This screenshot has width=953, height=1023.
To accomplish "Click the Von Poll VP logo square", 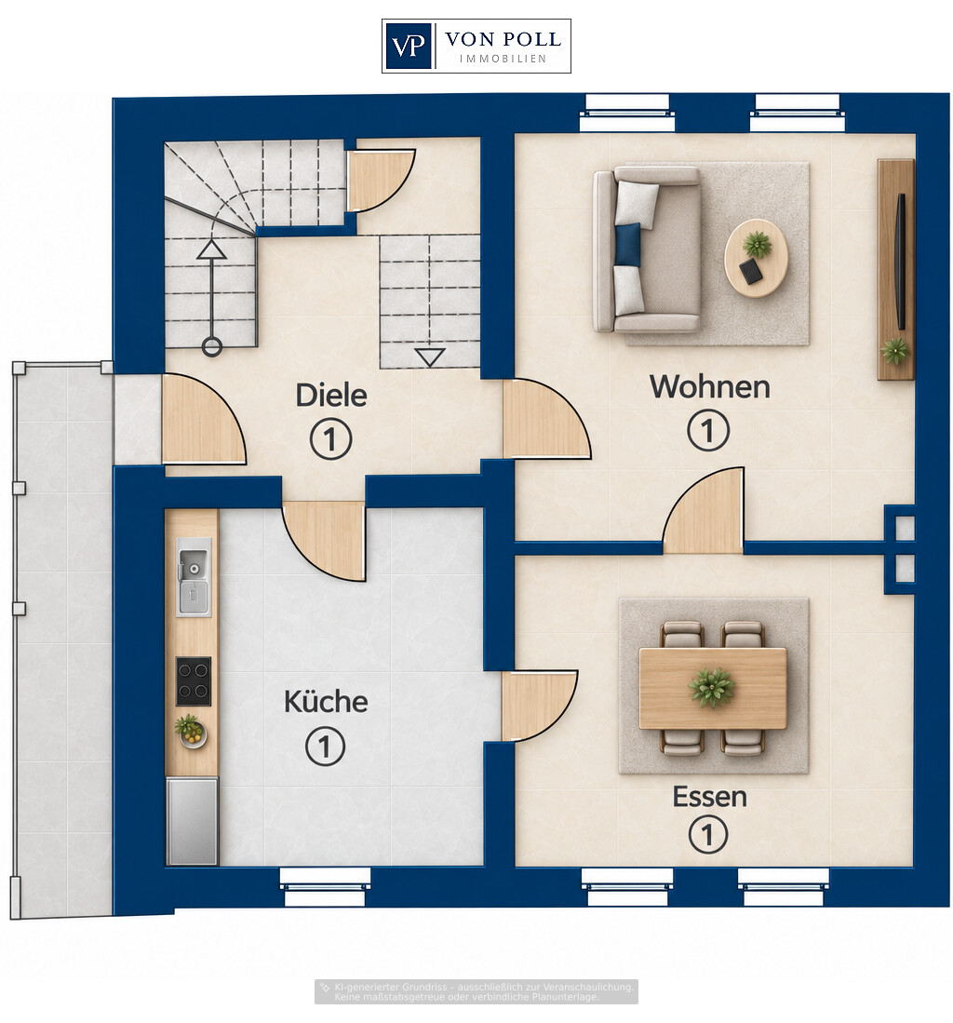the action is point(409,46).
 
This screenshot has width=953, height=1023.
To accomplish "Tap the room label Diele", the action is point(330,396).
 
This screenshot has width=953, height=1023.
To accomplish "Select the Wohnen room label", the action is point(710,387).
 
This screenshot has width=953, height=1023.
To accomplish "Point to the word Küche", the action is point(326,701).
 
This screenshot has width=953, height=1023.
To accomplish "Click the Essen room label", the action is point(710,797).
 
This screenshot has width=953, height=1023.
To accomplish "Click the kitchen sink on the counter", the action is point(193,577).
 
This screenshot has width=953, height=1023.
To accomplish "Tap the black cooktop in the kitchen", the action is point(194,681).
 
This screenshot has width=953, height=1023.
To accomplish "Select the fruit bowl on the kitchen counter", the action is point(191,731).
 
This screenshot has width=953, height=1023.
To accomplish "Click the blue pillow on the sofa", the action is point(627,245).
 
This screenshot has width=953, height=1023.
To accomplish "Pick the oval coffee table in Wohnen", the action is point(757,259).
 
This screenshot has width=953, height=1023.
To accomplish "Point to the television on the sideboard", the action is point(901,261).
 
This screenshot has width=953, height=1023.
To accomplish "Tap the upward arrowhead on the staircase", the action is point(212,249).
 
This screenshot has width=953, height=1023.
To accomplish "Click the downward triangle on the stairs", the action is point(430,357).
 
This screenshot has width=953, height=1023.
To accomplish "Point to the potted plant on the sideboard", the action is point(895,351).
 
